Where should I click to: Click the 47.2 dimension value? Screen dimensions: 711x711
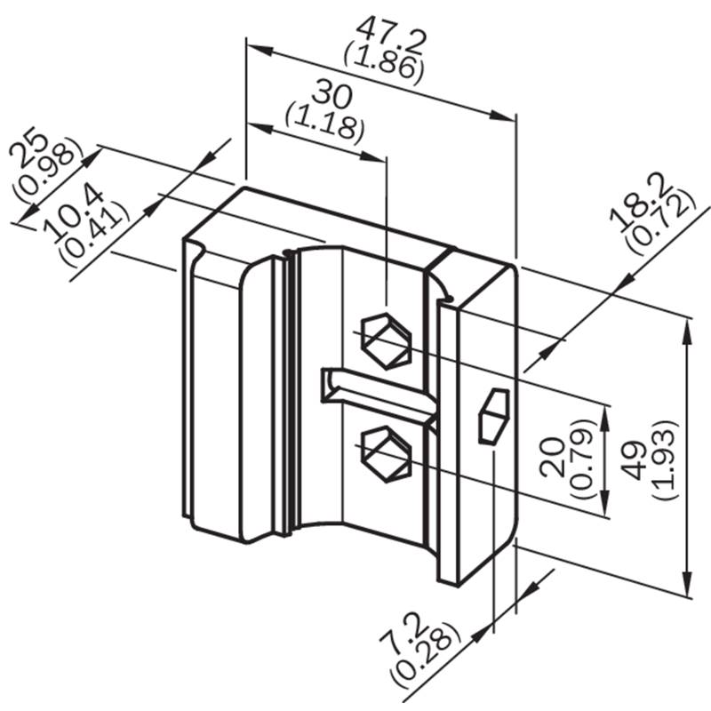pyautogui.click(x=391, y=36)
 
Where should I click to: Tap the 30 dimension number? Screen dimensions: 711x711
pyautogui.click(x=332, y=94)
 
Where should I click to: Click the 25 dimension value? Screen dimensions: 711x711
pyautogui.click(x=28, y=150)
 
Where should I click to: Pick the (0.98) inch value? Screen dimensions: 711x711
pyautogui.click(x=48, y=169)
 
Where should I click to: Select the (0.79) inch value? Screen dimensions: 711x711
pyautogui.click(x=580, y=459)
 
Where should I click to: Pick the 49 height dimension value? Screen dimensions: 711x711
pyautogui.click(x=637, y=460)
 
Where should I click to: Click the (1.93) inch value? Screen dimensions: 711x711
pyautogui.click(x=665, y=459)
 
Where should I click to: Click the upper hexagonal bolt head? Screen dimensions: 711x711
pyautogui.click(x=387, y=341)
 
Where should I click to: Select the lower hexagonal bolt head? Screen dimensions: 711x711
pyautogui.click(x=386, y=454)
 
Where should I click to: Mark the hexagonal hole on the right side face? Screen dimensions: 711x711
pyautogui.click(x=494, y=415)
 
